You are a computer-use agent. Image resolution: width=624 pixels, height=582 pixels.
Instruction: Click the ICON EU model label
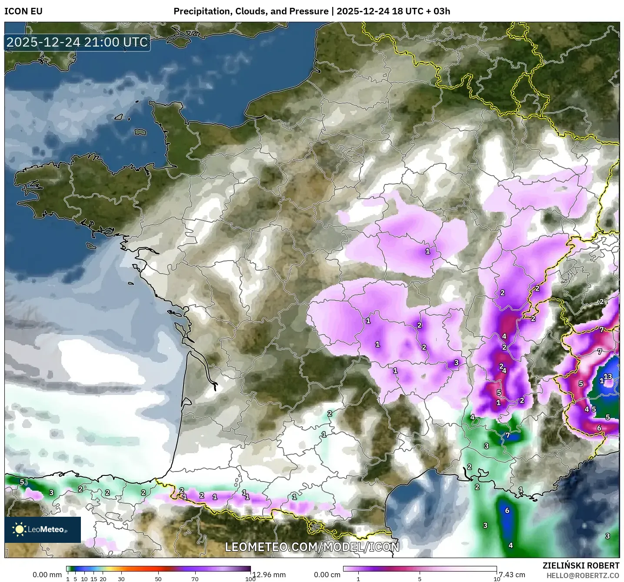(x=23, y=11)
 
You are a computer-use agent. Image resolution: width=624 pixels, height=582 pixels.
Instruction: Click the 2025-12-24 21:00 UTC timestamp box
(x=77, y=43)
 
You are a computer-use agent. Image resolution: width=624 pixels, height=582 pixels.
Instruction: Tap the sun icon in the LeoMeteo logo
(x=20, y=529)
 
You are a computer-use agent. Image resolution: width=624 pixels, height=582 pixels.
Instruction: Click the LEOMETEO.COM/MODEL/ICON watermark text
(x=312, y=547)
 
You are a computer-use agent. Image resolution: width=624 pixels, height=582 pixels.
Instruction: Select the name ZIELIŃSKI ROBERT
(x=581, y=565)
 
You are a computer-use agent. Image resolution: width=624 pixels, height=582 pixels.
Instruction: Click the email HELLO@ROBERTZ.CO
(x=583, y=575)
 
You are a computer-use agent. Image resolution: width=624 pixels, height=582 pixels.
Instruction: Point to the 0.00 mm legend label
(x=47, y=575)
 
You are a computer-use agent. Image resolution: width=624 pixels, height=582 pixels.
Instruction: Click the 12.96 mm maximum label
(x=270, y=575)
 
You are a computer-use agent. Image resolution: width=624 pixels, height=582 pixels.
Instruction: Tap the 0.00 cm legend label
(x=327, y=575)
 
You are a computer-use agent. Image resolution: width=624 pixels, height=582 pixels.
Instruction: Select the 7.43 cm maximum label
(x=512, y=575)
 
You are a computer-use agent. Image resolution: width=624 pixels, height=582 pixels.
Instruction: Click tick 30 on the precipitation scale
(x=121, y=579)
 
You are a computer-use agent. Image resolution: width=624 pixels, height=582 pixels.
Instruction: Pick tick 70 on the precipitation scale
(x=195, y=579)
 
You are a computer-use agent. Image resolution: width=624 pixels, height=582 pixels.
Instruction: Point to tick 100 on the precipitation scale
(x=250, y=579)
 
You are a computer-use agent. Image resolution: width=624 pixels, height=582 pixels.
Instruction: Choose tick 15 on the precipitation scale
(x=93, y=579)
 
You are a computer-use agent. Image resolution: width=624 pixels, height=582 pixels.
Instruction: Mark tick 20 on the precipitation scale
(x=103, y=579)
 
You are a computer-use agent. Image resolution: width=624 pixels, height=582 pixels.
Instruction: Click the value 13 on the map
(x=608, y=377)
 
